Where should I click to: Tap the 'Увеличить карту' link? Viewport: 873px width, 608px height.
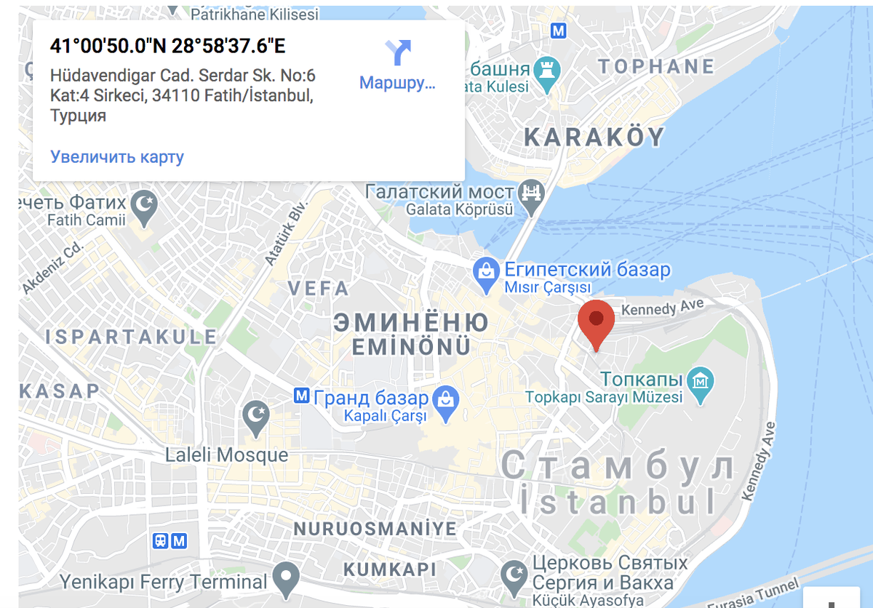pyautogui.click(x=117, y=156)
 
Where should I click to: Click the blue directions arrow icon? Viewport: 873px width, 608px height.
pyautogui.click(x=399, y=52)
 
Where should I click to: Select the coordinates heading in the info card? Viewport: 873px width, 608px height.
pyautogui.click(x=168, y=46)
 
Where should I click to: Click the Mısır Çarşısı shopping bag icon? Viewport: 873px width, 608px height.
pyautogui.click(x=485, y=273)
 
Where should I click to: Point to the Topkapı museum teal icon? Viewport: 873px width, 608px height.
pyautogui.click(x=701, y=380)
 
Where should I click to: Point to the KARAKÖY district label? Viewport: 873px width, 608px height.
pyautogui.click(x=594, y=137)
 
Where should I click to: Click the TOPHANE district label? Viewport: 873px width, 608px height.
pyautogui.click(x=656, y=67)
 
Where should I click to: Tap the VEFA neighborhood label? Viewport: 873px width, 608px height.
pyautogui.click(x=319, y=288)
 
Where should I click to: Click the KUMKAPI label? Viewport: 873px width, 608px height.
pyautogui.click(x=390, y=569)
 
